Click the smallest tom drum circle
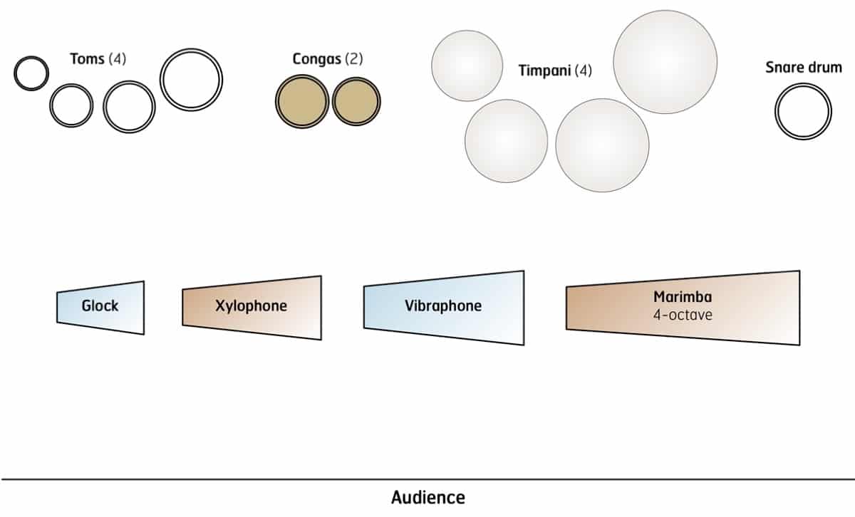[x=31, y=73]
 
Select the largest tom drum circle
[x=191, y=79]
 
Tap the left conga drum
[x=302, y=101]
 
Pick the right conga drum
[x=356, y=100]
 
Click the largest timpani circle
[x=665, y=62]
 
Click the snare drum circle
[x=803, y=113]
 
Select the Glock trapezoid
[x=100, y=307]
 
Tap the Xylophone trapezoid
[x=252, y=307]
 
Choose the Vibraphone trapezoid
[x=443, y=307]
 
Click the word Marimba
[x=683, y=297]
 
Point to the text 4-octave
[x=683, y=314]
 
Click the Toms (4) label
[x=98, y=58]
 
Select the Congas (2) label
[x=328, y=59]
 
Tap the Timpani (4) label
[x=555, y=71]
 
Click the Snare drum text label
[x=804, y=68]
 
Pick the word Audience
[x=427, y=497]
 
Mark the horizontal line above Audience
[x=427, y=479]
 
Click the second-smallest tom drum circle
[x=71, y=105]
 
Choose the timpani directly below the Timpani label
[x=602, y=145]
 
